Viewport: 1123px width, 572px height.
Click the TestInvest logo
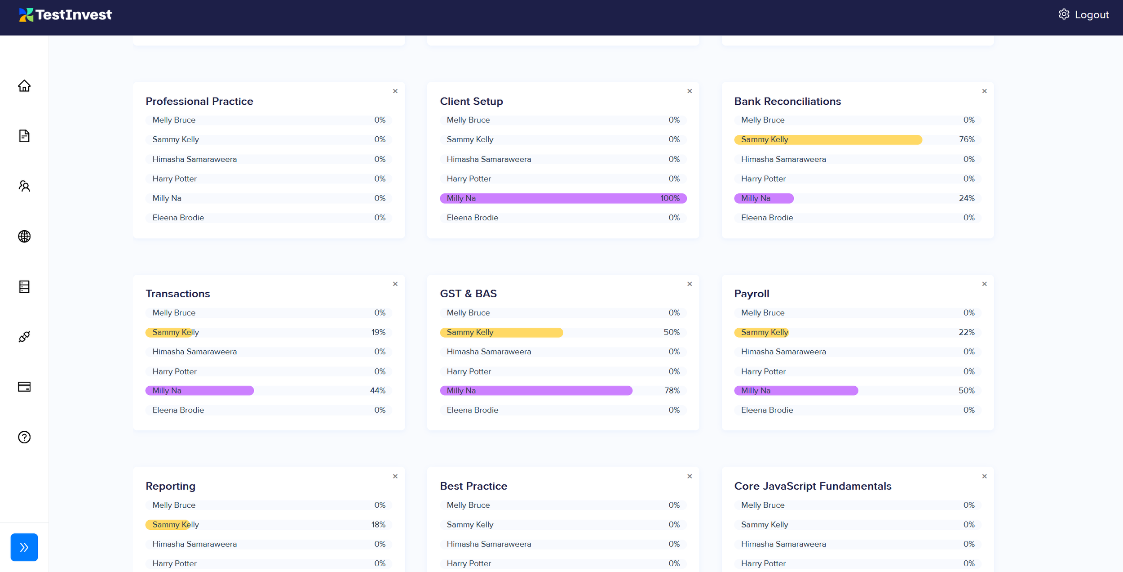[x=65, y=15]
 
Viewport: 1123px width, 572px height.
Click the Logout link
[x=1092, y=15]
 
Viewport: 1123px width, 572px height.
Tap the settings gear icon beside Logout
[x=1064, y=14]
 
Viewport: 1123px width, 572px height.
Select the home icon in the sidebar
[x=24, y=85]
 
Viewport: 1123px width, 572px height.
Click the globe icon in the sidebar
[x=24, y=236]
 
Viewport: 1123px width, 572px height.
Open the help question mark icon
[x=24, y=437]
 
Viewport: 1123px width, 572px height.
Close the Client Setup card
[x=690, y=91]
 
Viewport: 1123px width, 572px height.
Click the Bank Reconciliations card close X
[x=984, y=91]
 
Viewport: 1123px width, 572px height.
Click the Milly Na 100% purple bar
[x=563, y=198]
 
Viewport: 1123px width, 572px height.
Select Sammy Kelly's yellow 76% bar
[x=828, y=140]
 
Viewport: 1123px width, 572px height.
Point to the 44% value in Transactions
[x=377, y=391]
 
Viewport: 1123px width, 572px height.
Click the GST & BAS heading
[x=468, y=294]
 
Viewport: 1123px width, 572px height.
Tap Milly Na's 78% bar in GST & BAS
[x=536, y=391]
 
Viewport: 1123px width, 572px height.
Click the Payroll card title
[x=752, y=294]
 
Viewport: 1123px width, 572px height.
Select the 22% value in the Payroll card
[x=966, y=332]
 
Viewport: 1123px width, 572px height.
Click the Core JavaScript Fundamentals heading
[x=813, y=486]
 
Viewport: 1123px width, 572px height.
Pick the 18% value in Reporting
[x=378, y=525]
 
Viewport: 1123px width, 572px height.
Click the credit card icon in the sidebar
[x=24, y=387]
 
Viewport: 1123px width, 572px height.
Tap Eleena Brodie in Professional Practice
[x=178, y=218]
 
